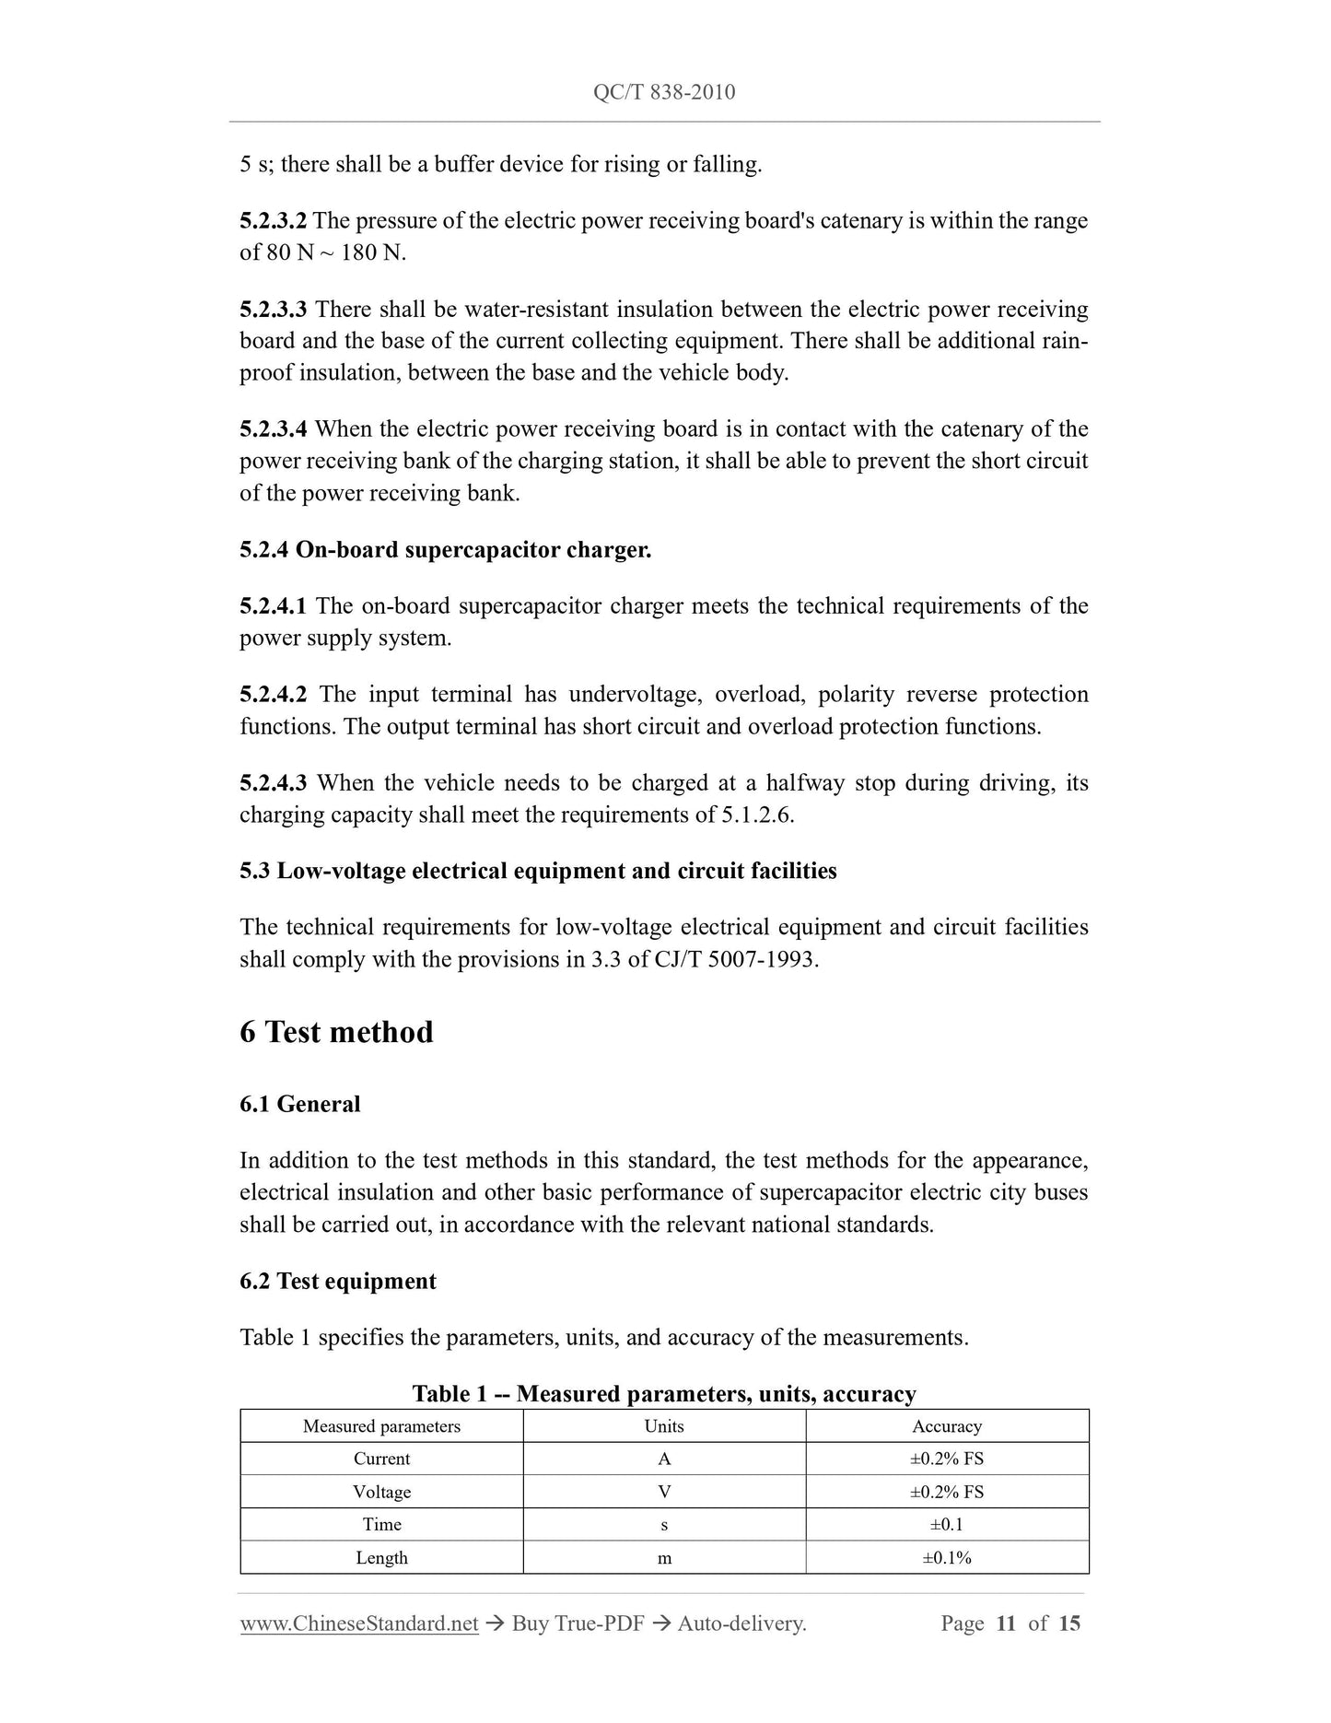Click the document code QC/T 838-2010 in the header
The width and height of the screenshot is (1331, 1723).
click(x=664, y=92)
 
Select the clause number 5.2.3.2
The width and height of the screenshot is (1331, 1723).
click(x=274, y=221)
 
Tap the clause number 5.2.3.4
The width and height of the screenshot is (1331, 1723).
click(x=274, y=429)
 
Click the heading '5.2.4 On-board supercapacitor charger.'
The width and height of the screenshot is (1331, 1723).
click(x=445, y=550)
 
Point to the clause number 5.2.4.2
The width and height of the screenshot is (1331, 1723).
click(x=274, y=695)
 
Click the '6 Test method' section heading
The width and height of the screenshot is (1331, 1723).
click(x=336, y=1032)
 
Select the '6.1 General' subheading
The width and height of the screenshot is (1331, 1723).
click(x=300, y=1104)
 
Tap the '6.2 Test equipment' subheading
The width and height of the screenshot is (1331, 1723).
click(x=338, y=1282)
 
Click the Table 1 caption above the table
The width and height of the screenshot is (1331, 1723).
click(x=664, y=1393)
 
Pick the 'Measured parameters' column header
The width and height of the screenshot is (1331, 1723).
click(x=381, y=1426)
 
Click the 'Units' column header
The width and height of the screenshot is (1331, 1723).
click(x=664, y=1426)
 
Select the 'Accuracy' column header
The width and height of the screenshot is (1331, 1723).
click(x=947, y=1426)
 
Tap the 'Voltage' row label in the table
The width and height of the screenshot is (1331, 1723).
click(x=381, y=1492)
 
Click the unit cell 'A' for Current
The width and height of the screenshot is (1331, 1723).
click(x=664, y=1459)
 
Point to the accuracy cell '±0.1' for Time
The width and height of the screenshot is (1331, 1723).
click(x=947, y=1525)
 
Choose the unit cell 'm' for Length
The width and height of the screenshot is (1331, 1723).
click(x=664, y=1558)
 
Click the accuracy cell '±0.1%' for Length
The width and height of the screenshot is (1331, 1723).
click(x=947, y=1558)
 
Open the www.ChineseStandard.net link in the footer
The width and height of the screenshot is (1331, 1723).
click(x=359, y=1623)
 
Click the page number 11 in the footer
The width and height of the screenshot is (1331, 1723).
click(x=1006, y=1623)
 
